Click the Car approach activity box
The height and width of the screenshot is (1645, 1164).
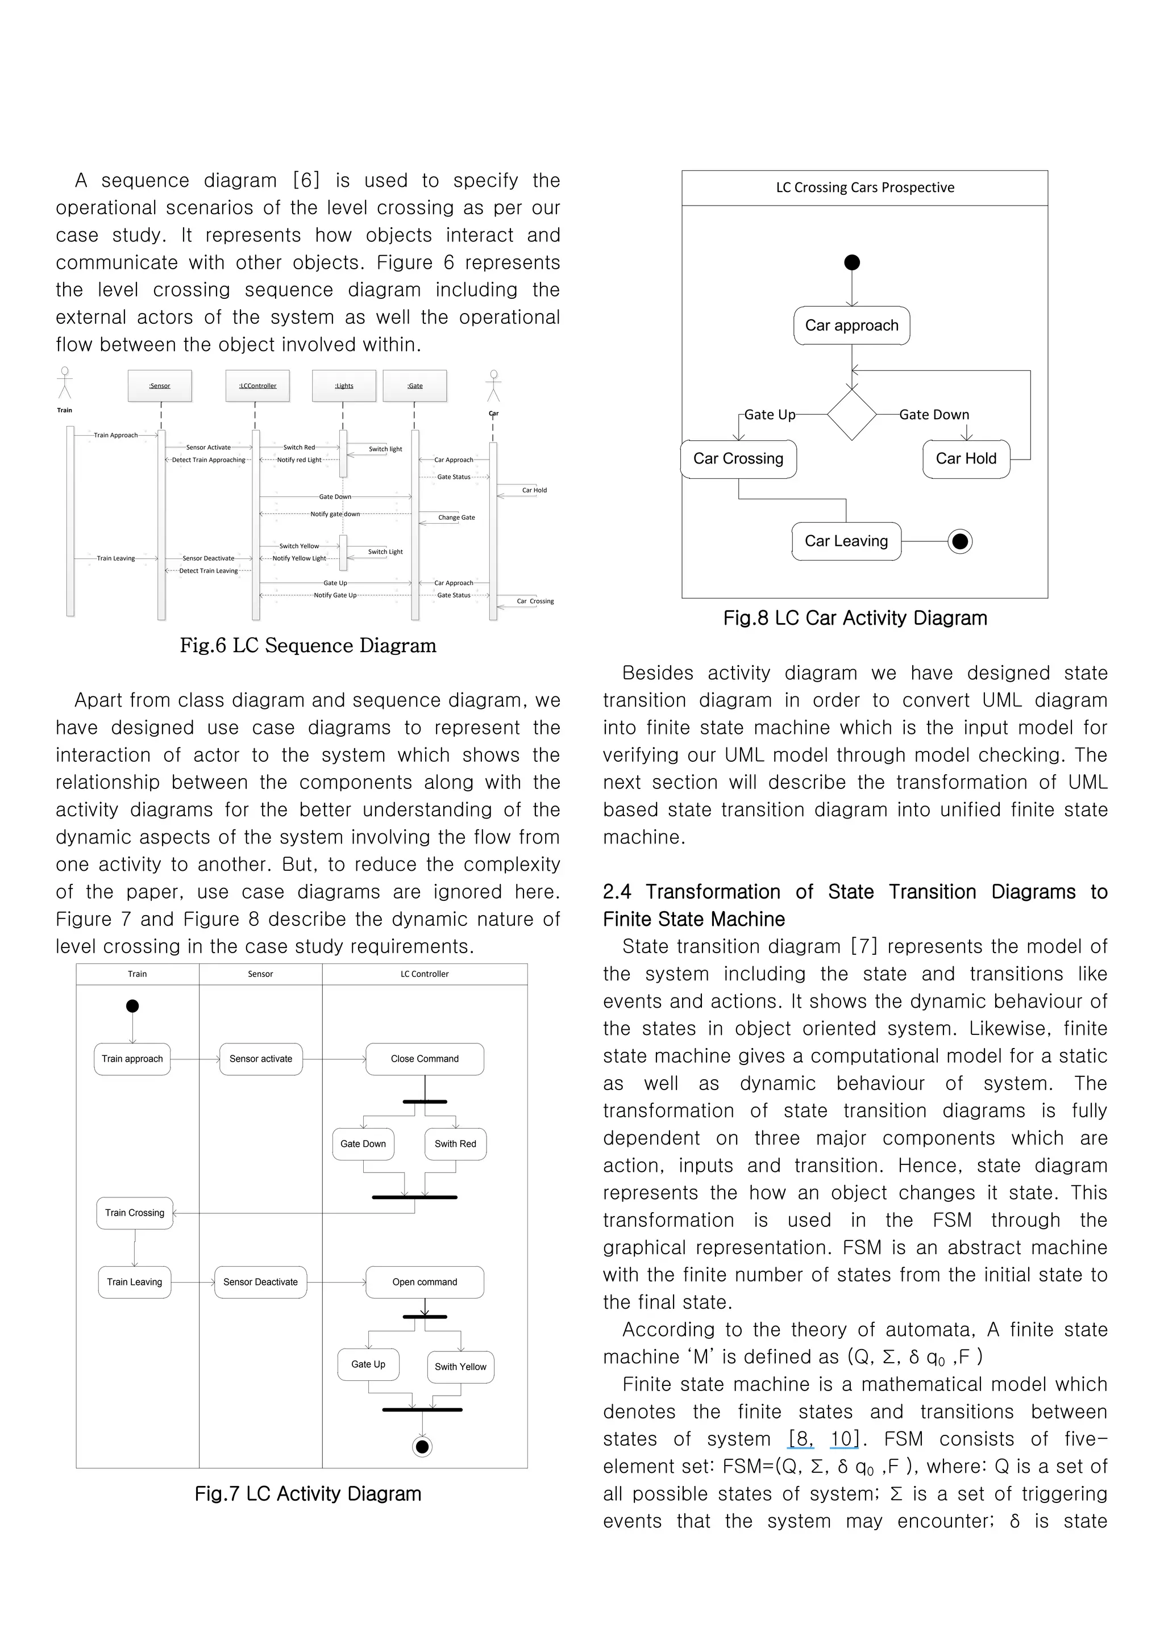point(851,326)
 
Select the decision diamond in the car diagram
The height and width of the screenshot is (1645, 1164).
point(851,415)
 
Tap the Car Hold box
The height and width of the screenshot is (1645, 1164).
point(966,460)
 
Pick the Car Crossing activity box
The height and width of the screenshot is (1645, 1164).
point(738,460)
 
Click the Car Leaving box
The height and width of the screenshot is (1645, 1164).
point(846,542)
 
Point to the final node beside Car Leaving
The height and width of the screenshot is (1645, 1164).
point(960,542)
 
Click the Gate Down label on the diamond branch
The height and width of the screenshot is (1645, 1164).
point(934,415)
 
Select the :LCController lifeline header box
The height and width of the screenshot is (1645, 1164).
point(257,386)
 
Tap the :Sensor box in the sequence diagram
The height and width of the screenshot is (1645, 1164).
point(160,386)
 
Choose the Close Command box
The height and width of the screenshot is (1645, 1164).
point(425,1059)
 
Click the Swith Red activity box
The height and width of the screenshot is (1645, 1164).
point(455,1144)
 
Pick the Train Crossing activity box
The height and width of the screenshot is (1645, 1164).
point(135,1213)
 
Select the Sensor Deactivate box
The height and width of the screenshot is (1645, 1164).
point(260,1283)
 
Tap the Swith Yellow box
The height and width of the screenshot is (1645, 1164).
point(460,1367)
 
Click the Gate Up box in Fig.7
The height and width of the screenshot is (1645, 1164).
point(368,1364)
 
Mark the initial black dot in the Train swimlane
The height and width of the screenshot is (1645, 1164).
point(132,1007)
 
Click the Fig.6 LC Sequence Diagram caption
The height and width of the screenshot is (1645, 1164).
point(307,645)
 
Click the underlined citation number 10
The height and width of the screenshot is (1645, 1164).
point(843,1439)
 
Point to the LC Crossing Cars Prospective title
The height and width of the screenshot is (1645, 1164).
point(864,187)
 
